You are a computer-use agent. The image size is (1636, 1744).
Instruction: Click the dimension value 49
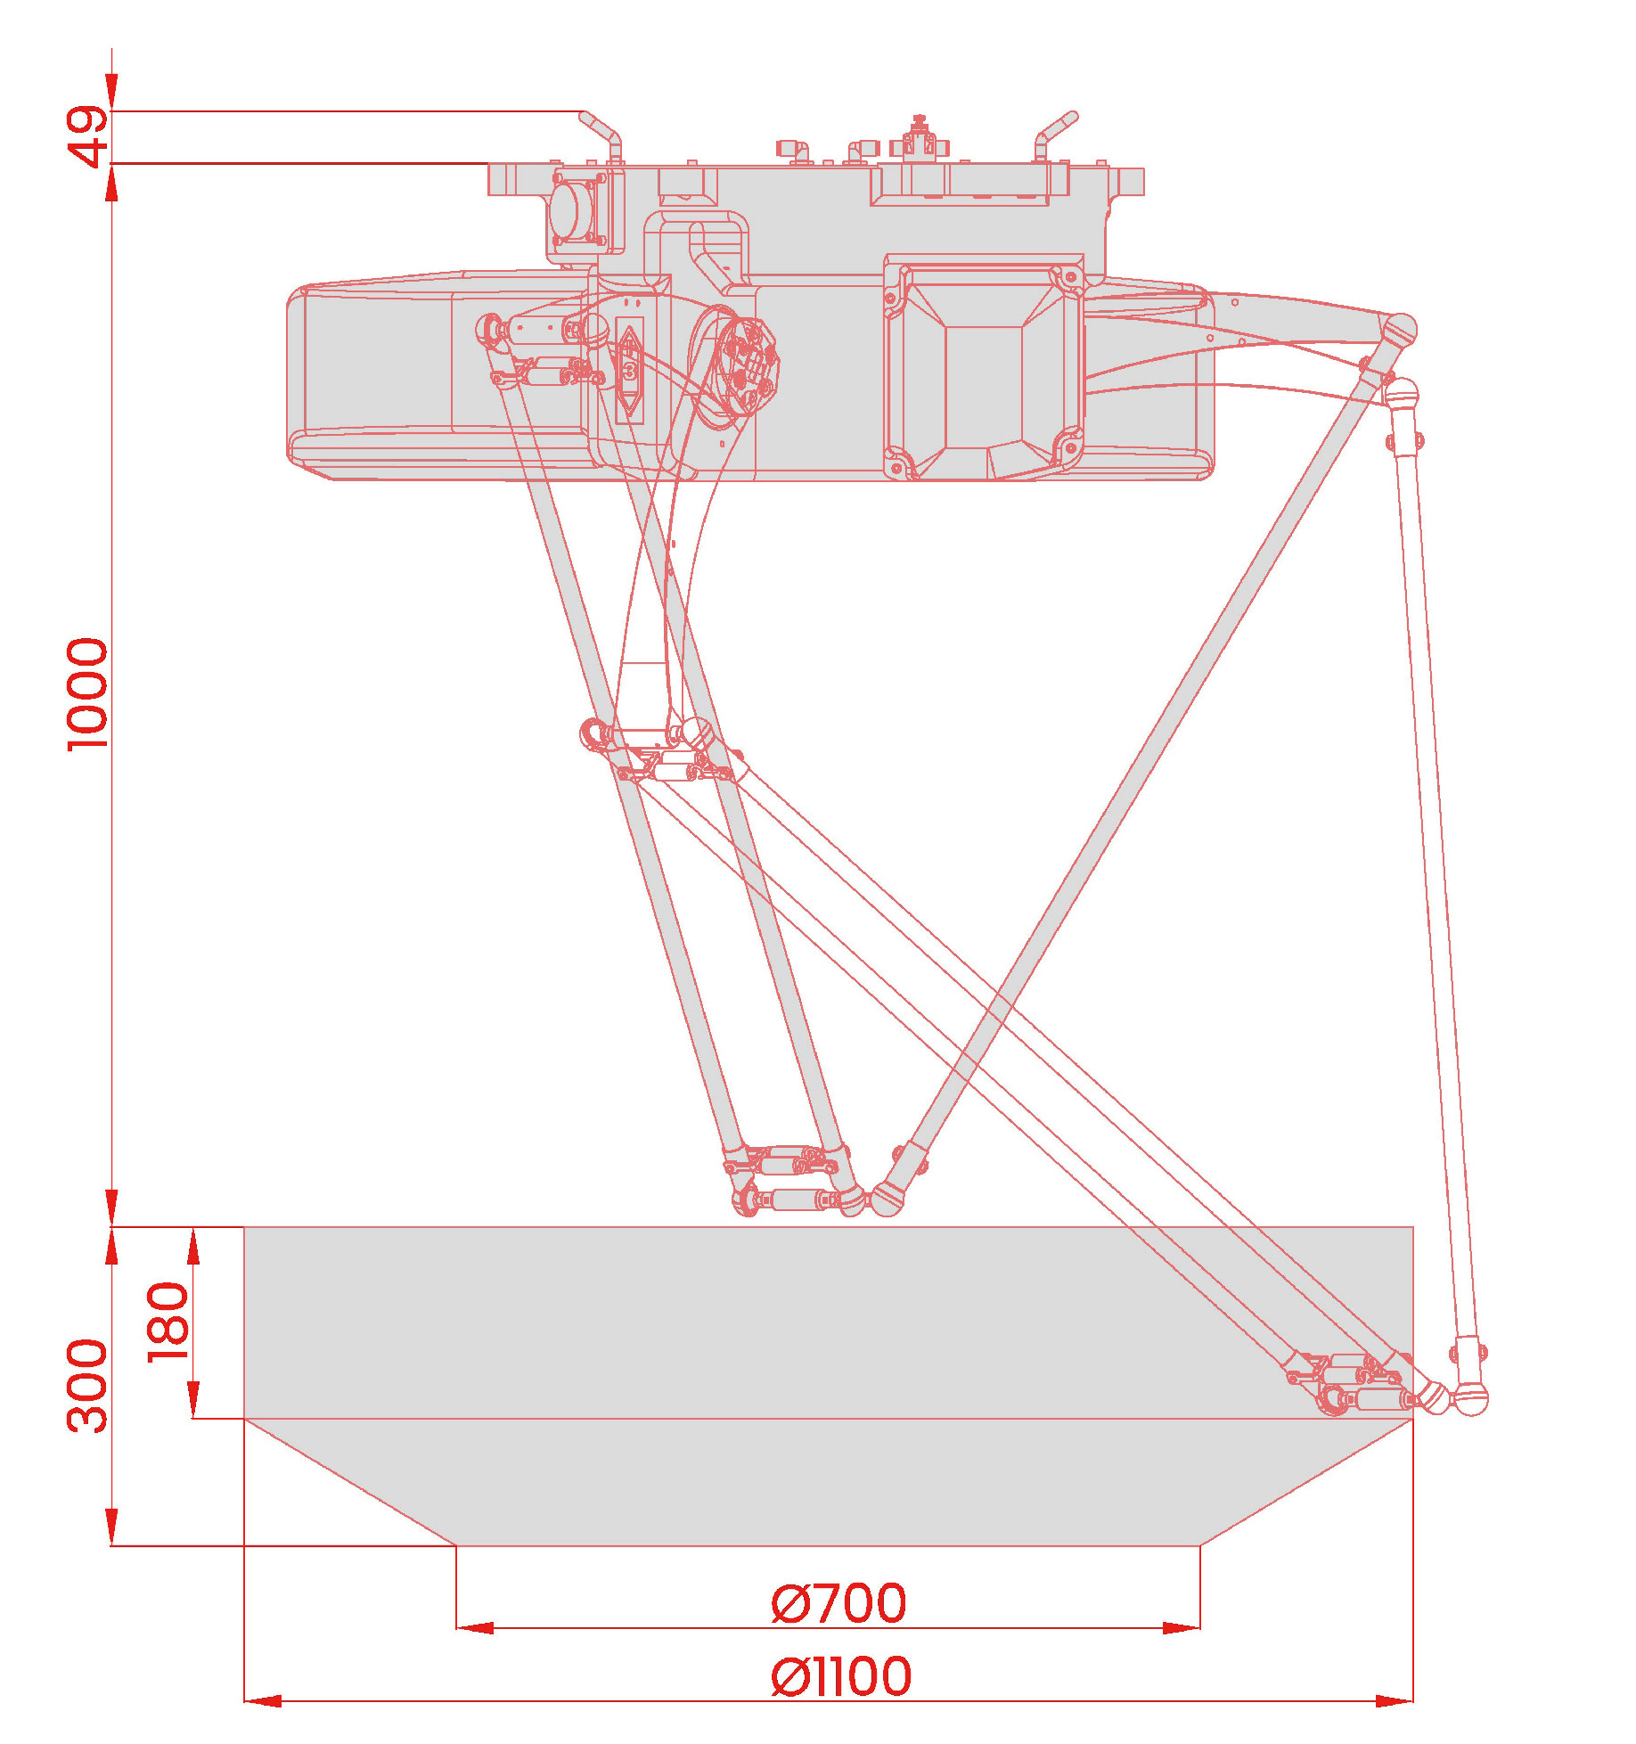click(x=88, y=136)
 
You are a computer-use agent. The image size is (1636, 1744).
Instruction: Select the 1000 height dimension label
click(x=88, y=694)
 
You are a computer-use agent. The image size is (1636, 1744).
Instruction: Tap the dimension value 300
click(x=88, y=1385)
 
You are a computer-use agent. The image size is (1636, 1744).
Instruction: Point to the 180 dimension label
click(x=168, y=1322)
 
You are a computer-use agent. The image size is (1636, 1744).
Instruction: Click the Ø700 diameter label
click(x=838, y=1603)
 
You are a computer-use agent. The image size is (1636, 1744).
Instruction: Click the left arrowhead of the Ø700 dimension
click(x=475, y=1627)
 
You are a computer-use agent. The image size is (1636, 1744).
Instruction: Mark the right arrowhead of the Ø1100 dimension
click(x=1395, y=1700)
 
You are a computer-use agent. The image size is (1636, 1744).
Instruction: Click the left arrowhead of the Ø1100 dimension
click(x=263, y=1700)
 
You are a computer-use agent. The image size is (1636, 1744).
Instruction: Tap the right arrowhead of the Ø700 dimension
click(x=1182, y=1627)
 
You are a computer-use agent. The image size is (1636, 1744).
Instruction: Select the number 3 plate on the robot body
click(x=630, y=369)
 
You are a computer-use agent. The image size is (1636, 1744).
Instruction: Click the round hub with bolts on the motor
click(x=747, y=365)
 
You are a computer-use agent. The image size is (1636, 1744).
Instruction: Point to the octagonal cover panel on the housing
click(x=985, y=366)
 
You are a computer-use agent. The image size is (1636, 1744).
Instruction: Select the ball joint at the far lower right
click(x=1471, y=1400)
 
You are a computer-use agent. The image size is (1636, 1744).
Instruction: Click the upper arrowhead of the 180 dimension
click(x=193, y=1245)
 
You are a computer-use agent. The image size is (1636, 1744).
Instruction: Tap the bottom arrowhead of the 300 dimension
click(x=111, y=1527)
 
